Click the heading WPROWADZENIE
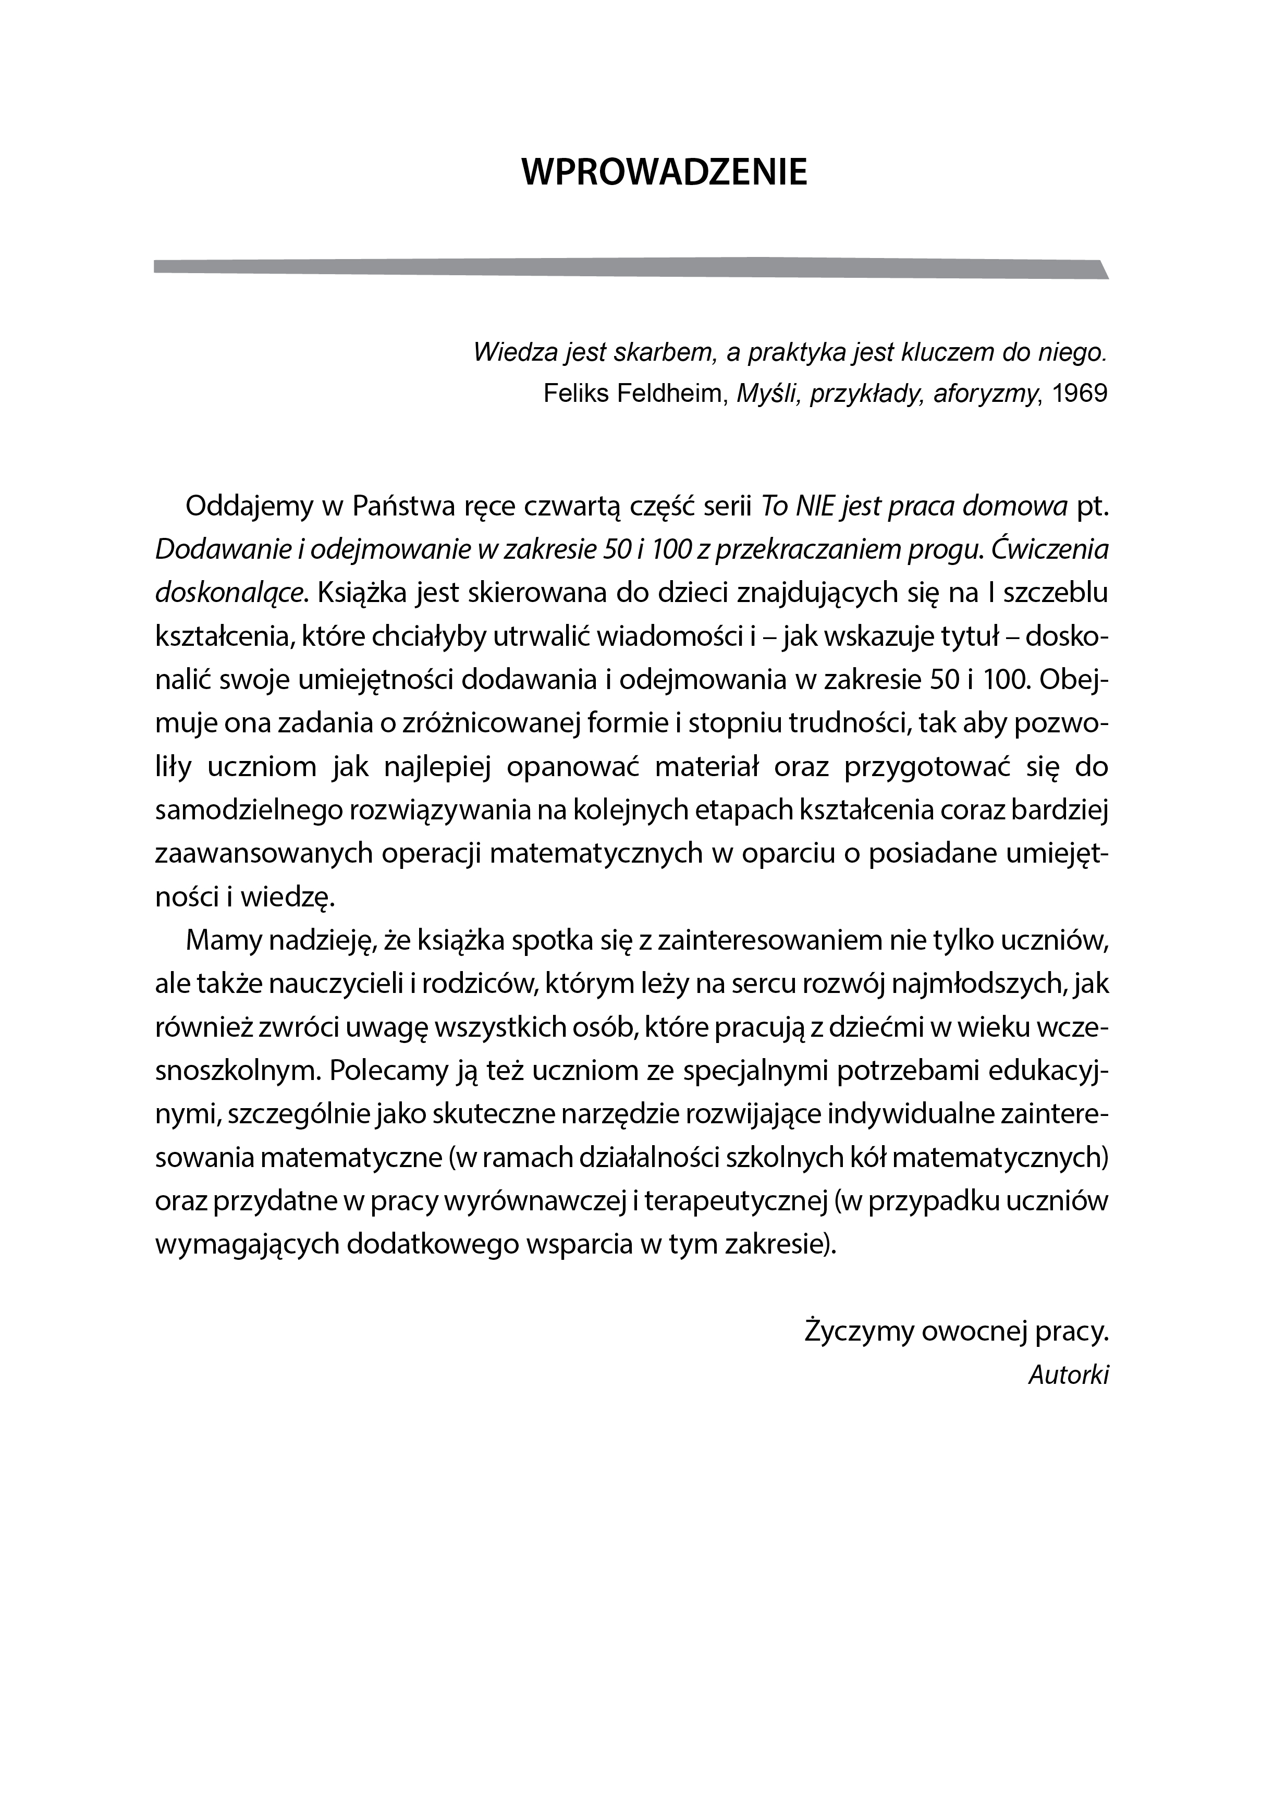tap(664, 171)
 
